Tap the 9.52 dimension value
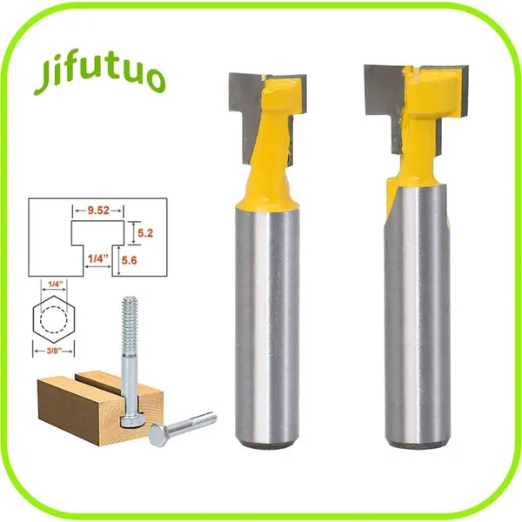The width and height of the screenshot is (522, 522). coord(98,211)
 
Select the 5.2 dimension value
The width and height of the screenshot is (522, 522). coord(145,233)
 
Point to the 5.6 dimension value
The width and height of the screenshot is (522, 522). coord(129,260)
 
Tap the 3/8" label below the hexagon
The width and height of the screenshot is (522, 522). coord(53,351)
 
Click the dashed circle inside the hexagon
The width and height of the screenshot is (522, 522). coord(54,319)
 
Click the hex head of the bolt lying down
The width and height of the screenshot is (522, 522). coord(159,434)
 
